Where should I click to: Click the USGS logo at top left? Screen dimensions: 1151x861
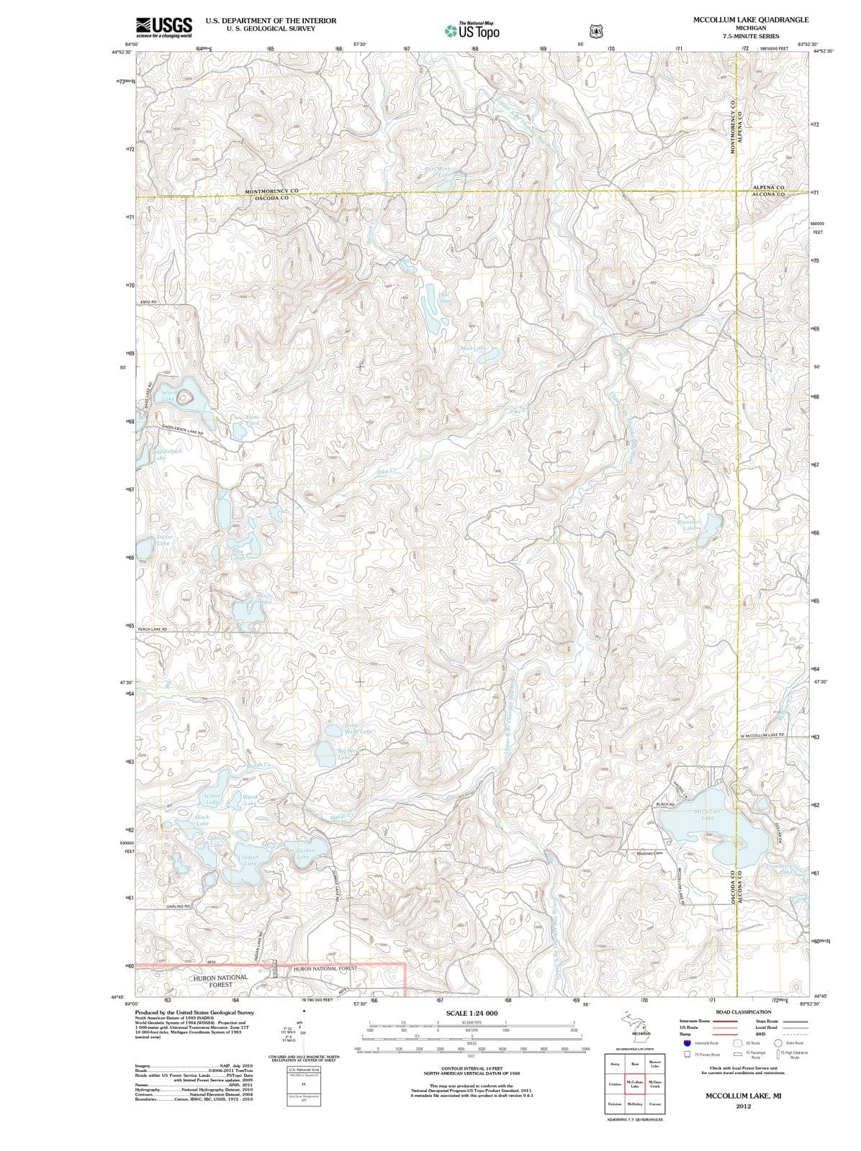point(164,27)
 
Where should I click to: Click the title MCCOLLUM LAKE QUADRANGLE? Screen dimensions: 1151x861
point(751,20)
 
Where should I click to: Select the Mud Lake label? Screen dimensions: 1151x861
point(473,348)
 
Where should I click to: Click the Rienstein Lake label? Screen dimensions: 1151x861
point(690,524)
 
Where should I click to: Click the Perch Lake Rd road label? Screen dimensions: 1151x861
point(153,629)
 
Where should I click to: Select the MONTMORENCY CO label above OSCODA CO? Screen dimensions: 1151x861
point(271,191)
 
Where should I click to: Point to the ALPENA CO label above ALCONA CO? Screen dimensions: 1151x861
point(768,188)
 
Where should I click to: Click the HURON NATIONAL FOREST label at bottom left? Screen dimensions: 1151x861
point(220,981)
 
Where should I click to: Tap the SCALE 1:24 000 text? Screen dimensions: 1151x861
point(472,1013)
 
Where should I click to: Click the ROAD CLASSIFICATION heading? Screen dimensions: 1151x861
point(743,1012)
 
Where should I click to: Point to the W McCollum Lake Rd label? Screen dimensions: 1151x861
point(762,735)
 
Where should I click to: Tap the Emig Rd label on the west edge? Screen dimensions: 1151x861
point(148,302)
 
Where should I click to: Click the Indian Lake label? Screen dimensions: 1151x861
point(250,860)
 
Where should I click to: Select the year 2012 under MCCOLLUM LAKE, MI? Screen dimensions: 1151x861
point(743,1106)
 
